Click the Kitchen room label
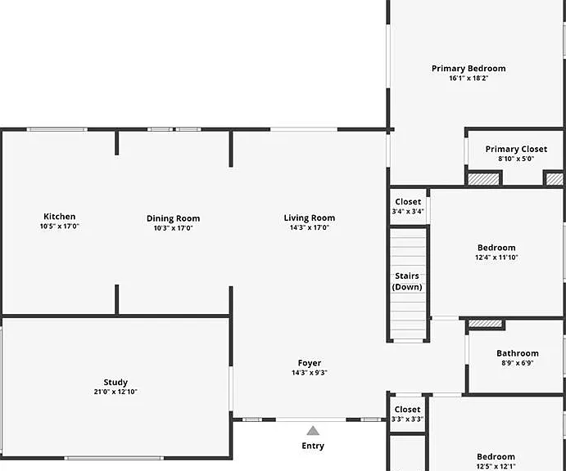pyautogui.click(x=60, y=216)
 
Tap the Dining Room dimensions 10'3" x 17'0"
pyautogui.click(x=174, y=228)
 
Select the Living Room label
pyautogui.click(x=310, y=218)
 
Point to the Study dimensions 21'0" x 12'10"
pyautogui.click(x=115, y=392)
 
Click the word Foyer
pyautogui.click(x=310, y=363)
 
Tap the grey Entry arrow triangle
pyautogui.click(x=313, y=431)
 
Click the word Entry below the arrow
pyautogui.click(x=313, y=446)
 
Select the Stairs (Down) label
pyautogui.click(x=407, y=281)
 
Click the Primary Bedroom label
pyautogui.click(x=469, y=68)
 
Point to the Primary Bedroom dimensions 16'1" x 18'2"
pyautogui.click(x=469, y=78)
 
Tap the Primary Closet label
pyautogui.click(x=516, y=149)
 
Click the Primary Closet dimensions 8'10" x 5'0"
pyautogui.click(x=516, y=159)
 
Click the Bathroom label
pyautogui.click(x=518, y=353)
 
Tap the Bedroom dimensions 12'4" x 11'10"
pyautogui.click(x=496, y=258)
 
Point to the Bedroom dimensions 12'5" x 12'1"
pyautogui.click(x=496, y=466)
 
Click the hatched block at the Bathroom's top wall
pyautogui.click(x=486, y=324)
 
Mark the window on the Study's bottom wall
pyautogui.click(x=114, y=458)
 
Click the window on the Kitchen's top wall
pyautogui.click(x=57, y=129)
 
